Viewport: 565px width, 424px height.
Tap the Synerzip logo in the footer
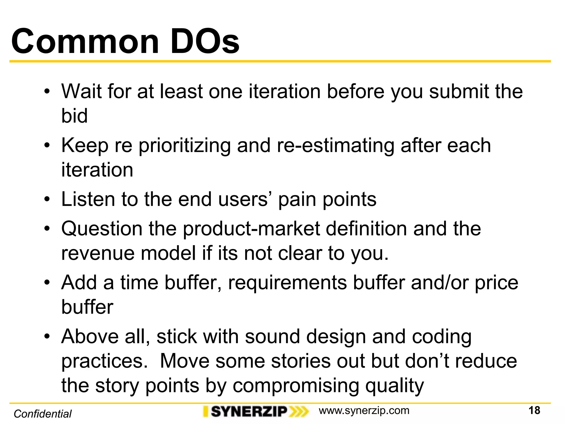tap(255, 412)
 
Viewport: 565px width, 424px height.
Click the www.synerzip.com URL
tap(364, 410)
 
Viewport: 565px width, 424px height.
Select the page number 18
tap(534, 410)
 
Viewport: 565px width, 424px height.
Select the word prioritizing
tap(184, 146)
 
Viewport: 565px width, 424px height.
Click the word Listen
tap(88, 199)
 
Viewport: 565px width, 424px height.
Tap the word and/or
tap(439, 283)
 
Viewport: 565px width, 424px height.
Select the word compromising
tap(295, 386)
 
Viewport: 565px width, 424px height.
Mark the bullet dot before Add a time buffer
tap(47, 283)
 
